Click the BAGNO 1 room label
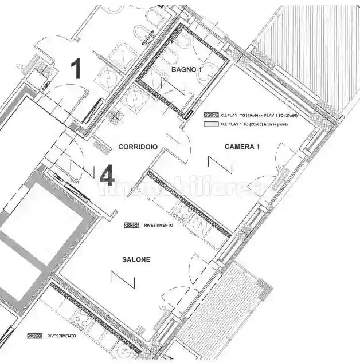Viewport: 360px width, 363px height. coord(187,69)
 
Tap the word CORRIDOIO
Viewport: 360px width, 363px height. coord(138,147)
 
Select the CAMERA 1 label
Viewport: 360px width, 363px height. coord(242,147)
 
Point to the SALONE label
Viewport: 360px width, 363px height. coord(136,260)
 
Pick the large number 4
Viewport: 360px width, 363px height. coord(107,176)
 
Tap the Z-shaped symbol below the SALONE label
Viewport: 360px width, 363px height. coord(123,280)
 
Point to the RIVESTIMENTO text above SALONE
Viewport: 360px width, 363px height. coord(158,226)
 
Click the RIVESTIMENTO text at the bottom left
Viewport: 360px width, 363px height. coord(61,336)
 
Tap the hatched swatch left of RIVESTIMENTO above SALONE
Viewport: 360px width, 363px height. coord(132,226)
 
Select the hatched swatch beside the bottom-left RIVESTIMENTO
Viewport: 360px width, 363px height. coord(35,336)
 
